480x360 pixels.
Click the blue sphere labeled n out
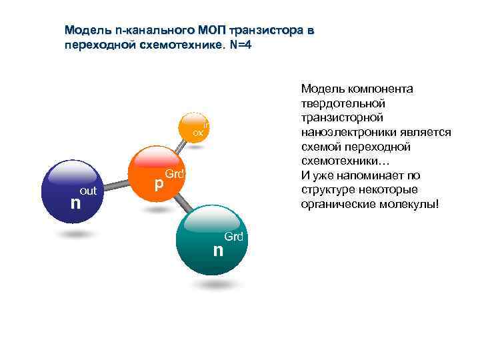tap(72, 191)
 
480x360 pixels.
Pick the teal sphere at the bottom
tap(213, 241)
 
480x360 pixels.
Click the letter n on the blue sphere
tap(76, 201)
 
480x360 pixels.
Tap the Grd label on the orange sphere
tap(174, 174)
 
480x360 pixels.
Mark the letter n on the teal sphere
tap(217, 251)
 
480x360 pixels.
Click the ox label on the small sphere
tap(198, 133)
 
